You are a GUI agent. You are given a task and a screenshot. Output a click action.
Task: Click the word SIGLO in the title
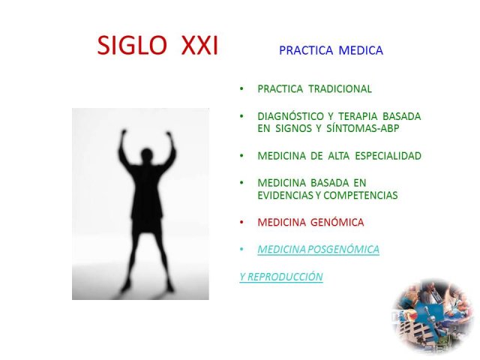tap(132, 45)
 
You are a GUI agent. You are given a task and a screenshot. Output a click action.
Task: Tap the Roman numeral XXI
tap(199, 45)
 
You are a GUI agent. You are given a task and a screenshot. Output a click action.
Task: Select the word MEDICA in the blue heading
tap(361, 50)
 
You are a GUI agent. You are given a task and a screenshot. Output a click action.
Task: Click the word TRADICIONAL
tap(340, 88)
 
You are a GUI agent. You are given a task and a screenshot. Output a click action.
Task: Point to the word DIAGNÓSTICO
tap(290, 116)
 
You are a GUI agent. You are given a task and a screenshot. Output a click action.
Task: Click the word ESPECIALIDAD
tap(388, 156)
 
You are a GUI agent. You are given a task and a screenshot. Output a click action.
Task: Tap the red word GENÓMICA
tap(337, 222)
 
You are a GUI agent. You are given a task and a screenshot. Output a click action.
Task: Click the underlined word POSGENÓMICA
tap(343, 249)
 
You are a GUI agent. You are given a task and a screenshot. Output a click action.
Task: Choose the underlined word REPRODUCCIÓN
tap(285, 277)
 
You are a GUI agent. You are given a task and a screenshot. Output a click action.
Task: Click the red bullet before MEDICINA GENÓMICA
tap(241, 222)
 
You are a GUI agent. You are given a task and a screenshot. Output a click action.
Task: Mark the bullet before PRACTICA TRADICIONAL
tap(241, 88)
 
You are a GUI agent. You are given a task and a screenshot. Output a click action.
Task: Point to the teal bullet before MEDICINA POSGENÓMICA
tap(241, 249)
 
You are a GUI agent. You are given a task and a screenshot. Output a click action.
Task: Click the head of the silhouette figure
tap(147, 155)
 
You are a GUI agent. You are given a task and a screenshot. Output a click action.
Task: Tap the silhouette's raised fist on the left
tap(124, 133)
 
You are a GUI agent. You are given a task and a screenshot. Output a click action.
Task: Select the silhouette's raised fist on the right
tap(169, 134)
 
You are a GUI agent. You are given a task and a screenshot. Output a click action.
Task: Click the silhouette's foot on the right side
tap(170, 287)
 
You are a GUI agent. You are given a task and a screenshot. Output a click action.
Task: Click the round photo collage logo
tap(433, 315)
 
